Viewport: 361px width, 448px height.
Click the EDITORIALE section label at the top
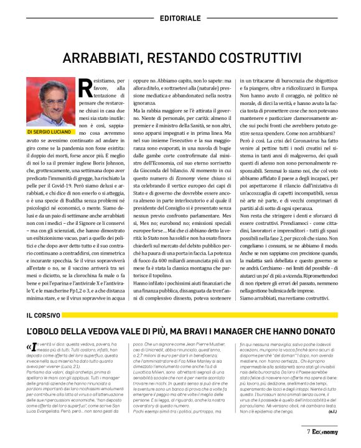(x=180, y=19)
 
